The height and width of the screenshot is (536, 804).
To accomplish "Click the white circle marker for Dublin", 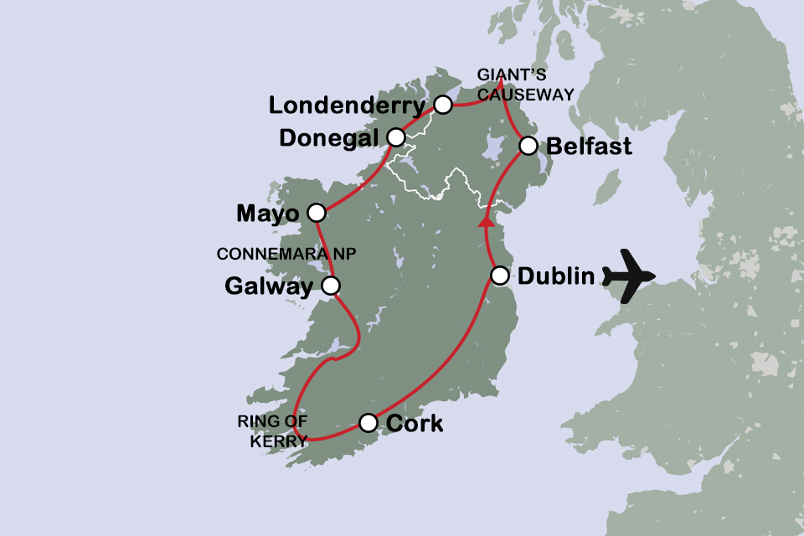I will click(499, 275).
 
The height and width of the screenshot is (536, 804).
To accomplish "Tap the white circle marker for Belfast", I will click(528, 146).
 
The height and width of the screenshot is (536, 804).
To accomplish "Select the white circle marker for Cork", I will click(368, 423).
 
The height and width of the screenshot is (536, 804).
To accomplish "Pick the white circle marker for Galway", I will click(331, 286).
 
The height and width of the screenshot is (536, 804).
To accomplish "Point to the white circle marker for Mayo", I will click(316, 213).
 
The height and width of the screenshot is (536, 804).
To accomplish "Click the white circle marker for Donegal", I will click(396, 137).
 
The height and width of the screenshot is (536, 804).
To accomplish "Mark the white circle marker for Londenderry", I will click(443, 105).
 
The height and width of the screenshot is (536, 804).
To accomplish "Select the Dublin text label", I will click(557, 276).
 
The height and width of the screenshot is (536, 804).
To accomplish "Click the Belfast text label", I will click(589, 147).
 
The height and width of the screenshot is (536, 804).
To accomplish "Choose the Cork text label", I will click(414, 424).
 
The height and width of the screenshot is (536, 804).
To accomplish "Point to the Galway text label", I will click(268, 286).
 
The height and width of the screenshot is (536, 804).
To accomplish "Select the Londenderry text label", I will click(348, 106).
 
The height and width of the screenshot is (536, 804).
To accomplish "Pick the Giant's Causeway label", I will click(525, 85).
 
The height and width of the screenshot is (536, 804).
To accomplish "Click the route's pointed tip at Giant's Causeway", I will click(499, 80).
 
